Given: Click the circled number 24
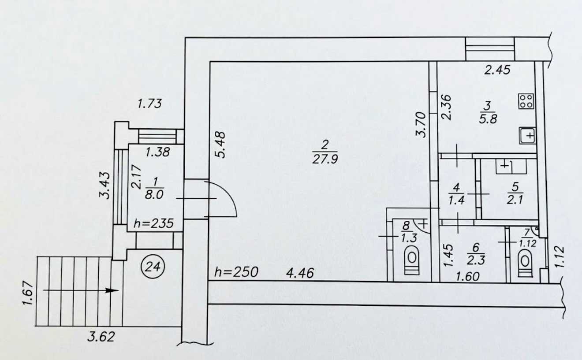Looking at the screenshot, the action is point(153,267).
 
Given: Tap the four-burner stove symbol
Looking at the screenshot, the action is point(526,101).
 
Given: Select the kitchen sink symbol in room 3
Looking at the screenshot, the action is point(527,135).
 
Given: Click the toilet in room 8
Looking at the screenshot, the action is point(412,260).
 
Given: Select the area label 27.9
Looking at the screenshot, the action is point(325,159).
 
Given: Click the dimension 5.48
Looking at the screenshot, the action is point(220,145).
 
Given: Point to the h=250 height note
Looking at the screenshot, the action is point(236,272).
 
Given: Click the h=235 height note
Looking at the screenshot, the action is point(153,223).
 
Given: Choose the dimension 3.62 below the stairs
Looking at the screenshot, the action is point(101,337).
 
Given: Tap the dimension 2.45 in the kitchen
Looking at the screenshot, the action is point(497,70).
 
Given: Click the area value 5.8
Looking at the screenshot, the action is point(488,119).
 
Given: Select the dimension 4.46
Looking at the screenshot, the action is point(300,273).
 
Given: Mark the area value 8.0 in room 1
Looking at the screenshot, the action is point(154,195).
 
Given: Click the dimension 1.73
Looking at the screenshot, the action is point(149,104).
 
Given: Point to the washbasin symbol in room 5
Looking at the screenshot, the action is point(511,166).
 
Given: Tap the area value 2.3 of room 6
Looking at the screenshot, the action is point(476,260).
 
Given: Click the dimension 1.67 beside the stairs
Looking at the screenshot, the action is point(28,293).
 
